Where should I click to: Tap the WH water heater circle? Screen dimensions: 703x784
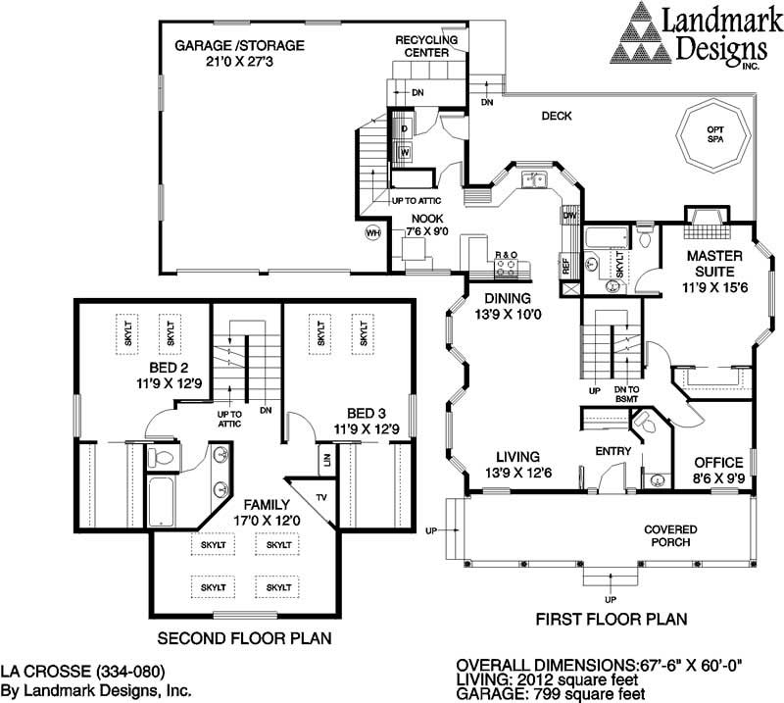coord(372,233)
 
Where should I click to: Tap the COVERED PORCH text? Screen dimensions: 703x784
coord(670,535)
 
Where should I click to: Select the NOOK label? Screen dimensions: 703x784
coord(426,225)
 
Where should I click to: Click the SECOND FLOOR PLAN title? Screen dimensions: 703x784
coord(243,637)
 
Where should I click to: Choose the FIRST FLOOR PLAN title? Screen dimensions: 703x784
coord(611,620)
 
